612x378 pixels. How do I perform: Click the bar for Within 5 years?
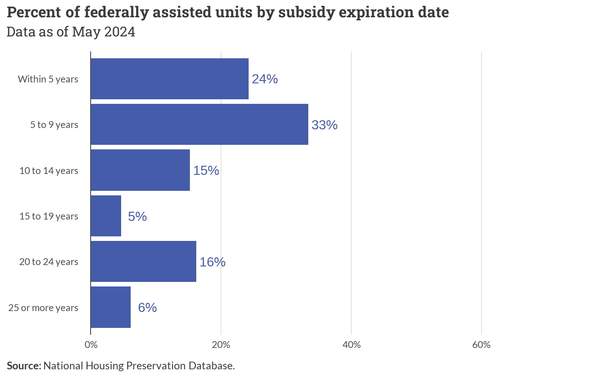coord(170,79)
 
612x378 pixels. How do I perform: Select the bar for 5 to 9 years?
coord(199,124)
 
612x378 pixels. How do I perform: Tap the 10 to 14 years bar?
coord(140,170)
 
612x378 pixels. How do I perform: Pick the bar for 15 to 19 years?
coord(106,216)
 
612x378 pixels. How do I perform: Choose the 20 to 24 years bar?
coord(143,261)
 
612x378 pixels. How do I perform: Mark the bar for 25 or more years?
coord(111,307)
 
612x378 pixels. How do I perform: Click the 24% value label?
coord(265,79)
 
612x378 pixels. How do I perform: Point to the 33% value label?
coord(325,125)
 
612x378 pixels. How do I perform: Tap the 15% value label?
coord(206,170)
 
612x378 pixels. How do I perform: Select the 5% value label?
coord(137,216)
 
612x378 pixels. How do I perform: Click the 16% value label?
coord(213,262)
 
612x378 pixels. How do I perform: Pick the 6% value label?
coord(147,307)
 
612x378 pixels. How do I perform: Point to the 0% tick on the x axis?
coord(91,345)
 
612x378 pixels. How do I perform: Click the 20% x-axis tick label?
coord(221,345)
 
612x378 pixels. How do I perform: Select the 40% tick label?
coord(352,345)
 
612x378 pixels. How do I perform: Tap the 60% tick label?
coord(481,345)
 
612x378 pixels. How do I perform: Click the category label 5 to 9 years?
coord(54,125)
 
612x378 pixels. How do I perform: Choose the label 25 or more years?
coord(43,308)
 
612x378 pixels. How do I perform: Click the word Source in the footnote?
coord(24,366)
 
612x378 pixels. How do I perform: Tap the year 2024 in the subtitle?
coord(120,32)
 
